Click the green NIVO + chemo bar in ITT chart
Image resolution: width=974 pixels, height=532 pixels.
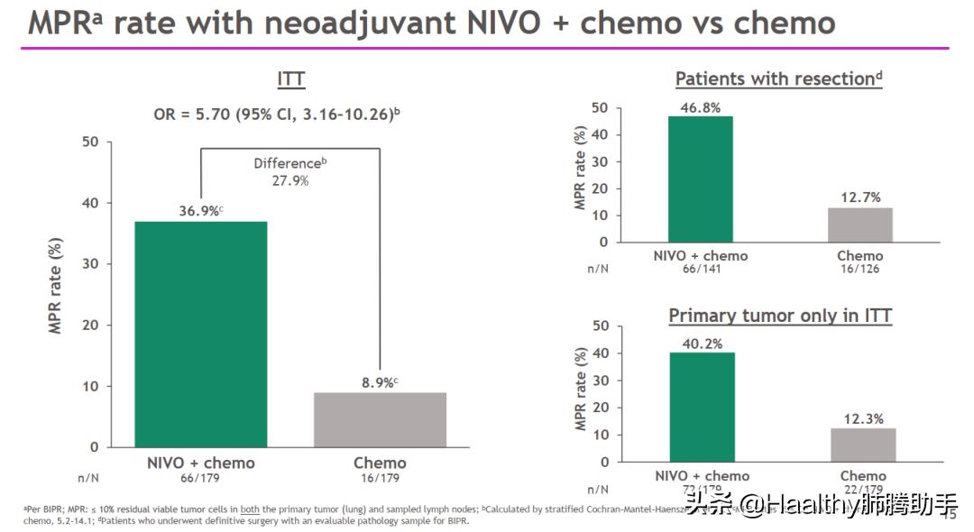[201, 334]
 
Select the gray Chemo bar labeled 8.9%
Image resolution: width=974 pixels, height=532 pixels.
[380, 419]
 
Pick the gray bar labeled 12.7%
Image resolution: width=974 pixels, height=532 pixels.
[859, 225]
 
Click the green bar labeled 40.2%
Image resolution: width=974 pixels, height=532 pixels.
[701, 407]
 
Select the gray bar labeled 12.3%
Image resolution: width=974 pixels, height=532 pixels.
[863, 445]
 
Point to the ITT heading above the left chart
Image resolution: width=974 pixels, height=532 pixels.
[290, 79]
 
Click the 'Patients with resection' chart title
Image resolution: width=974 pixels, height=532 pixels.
[777, 79]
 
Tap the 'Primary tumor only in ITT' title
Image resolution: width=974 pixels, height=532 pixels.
[780, 316]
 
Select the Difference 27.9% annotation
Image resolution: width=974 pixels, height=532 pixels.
[290, 171]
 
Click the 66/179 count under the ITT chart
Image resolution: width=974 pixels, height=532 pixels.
[201, 478]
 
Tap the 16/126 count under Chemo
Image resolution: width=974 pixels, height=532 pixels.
[859, 269]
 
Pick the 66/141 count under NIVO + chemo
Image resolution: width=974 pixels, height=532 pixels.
[700, 269]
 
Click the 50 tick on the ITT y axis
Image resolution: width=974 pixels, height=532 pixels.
[89, 142]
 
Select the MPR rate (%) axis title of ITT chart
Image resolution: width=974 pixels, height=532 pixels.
[56, 287]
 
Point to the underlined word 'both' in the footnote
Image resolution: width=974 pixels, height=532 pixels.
[249, 509]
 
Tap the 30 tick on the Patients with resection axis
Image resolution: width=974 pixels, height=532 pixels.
[600, 161]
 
